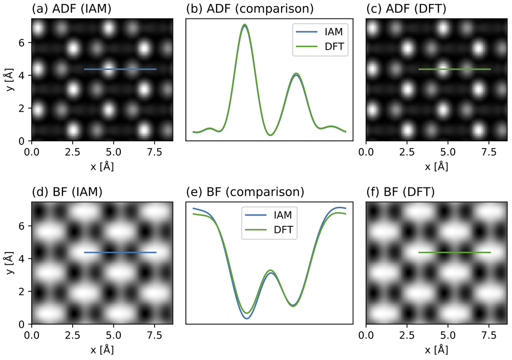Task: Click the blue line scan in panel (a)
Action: tap(120, 69)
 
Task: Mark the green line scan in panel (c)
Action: tap(455, 69)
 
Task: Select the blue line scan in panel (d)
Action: tap(120, 252)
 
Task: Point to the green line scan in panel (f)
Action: tap(455, 252)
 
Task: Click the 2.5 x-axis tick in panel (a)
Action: tap(73, 152)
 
